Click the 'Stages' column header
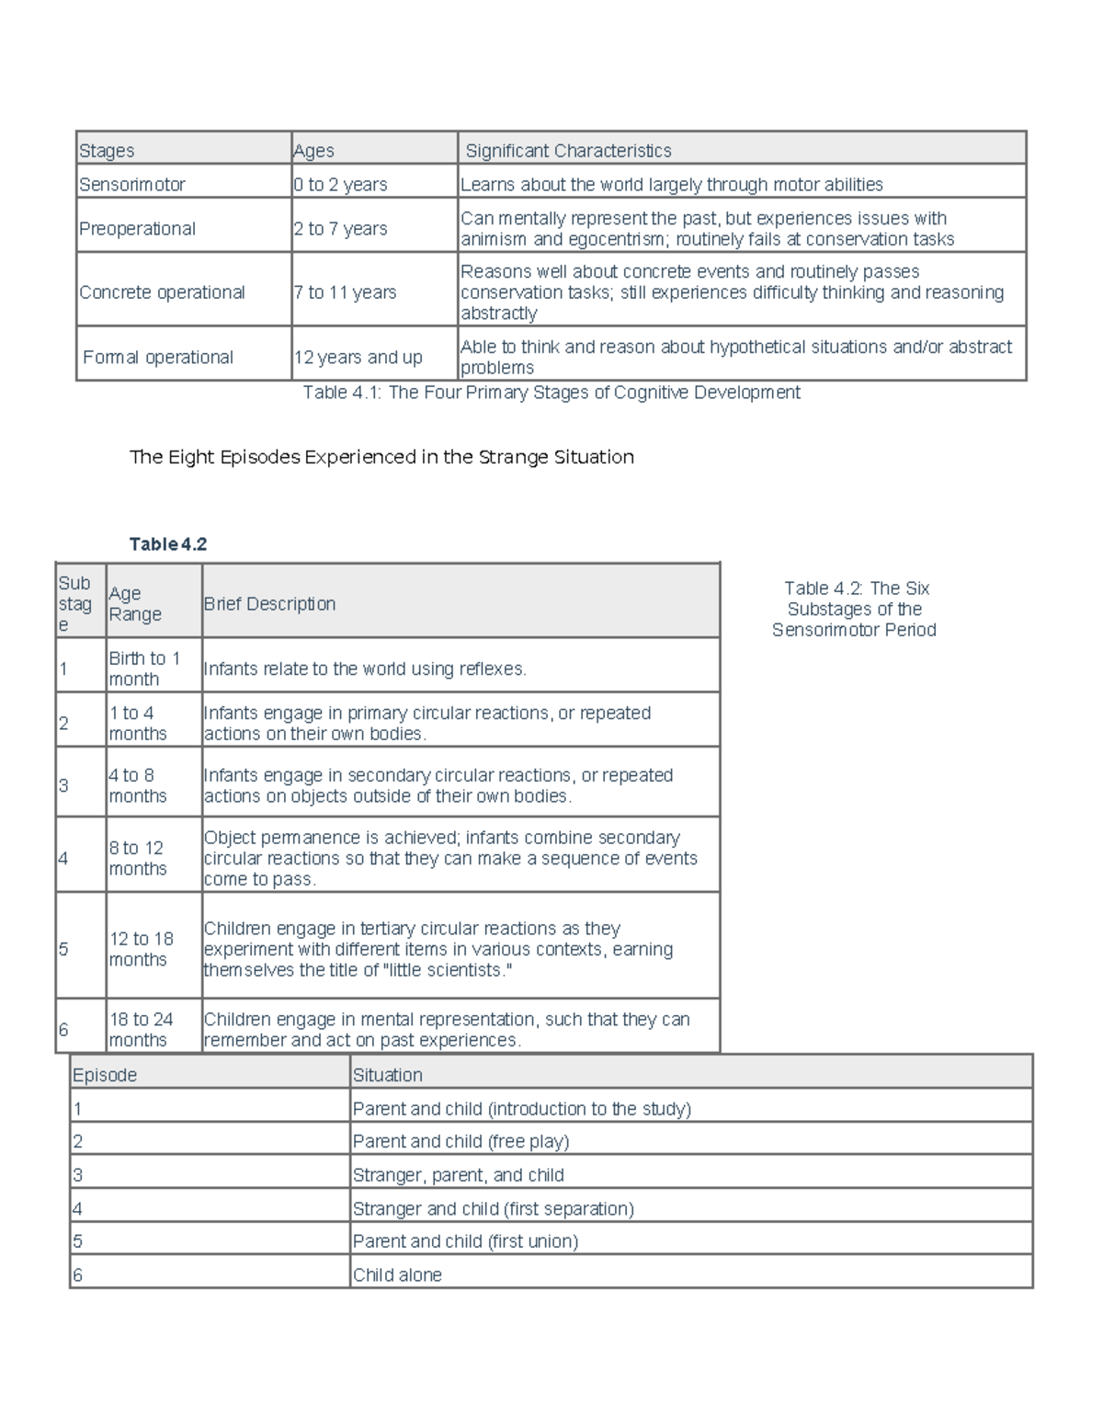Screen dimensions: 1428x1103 tap(107, 151)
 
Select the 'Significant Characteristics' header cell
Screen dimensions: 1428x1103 tap(568, 151)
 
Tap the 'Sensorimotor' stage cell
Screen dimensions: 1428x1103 tap(132, 185)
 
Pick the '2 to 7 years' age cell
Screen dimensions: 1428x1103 tap(341, 229)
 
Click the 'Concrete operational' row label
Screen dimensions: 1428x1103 tap(162, 292)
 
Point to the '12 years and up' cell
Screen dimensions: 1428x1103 tap(358, 358)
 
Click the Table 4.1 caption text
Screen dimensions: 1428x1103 tap(551, 393)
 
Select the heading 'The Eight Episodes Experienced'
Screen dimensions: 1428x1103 tap(381, 457)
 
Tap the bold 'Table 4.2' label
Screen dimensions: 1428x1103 tap(168, 544)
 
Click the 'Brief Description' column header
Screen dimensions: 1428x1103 tap(269, 604)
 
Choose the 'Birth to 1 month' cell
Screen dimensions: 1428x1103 tap(144, 668)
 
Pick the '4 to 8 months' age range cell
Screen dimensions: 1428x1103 tap(138, 785)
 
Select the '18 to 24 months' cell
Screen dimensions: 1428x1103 tap(141, 1029)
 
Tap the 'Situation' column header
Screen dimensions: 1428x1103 tap(388, 1075)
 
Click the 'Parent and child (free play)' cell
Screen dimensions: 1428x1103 tap(461, 1141)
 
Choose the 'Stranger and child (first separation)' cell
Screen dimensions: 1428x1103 tap(494, 1208)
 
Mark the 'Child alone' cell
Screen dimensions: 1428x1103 tap(397, 1275)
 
